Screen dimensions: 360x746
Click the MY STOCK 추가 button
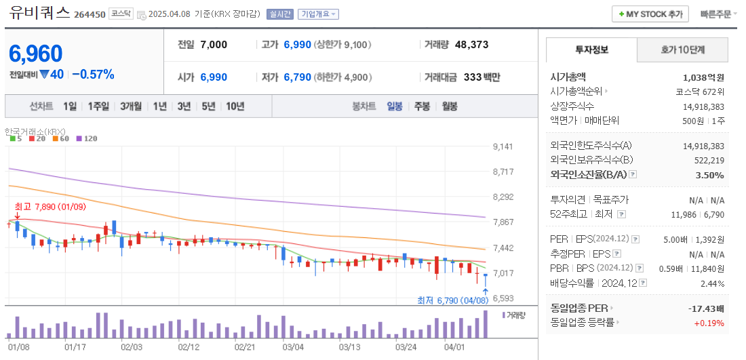pyautogui.click(x=650, y=14)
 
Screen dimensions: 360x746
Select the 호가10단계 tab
pyautogui.click(x=682, y=49)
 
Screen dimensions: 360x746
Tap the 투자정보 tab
pyautogui.click(x=591, y=49)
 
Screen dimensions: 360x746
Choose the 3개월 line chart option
pyautogui.click(x=131, y=106)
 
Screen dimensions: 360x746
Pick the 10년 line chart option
pyautogui.click(x=235, y=106)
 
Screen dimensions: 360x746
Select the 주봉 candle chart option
pyautogui.click(x=422, y=106)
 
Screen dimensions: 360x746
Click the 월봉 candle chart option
pyautogui.click(x=449, y=106)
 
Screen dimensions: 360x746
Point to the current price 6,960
pyautogui.click(x=36, y=54)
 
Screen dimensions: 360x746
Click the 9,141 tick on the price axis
pyautogui.click(x=503, y=146)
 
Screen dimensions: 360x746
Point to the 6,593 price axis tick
pyautogui.click(x=503, y=298)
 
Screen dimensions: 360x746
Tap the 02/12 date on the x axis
pyautogui.click(x=188, y=346)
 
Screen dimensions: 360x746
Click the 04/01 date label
pyautogui.click(x=454, y=346)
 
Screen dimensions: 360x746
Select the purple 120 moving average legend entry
pyautogui.click(x=87, y=138)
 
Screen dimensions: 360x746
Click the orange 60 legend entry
pyautogui.click(x=61, y=138)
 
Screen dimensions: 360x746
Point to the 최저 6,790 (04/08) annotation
pyautogui.click(x=452, y=300)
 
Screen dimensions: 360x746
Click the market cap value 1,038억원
pyautogui.click(x=703, y=77)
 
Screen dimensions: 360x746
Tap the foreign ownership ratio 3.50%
pyautogui.click(x=710, y=175)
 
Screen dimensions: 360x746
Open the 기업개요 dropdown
pyautogui.click(x=319, y=14)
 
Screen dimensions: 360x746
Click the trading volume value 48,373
pyautogui.click(x=471, y=45)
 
